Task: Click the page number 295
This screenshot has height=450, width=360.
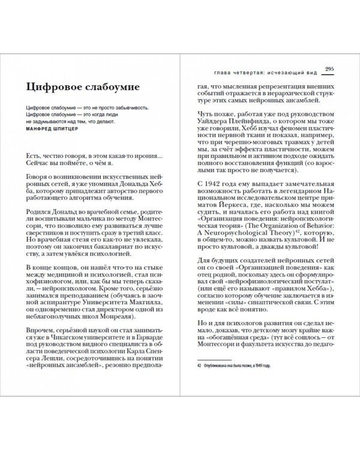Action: click(x=329, y=70)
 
